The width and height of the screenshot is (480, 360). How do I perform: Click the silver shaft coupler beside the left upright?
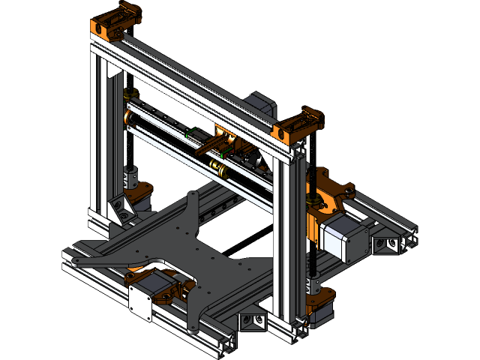tap(132, 180)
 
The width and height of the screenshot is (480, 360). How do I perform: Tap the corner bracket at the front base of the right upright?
tap(253, 321)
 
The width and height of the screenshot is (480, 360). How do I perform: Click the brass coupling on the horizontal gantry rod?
tap(217, 166)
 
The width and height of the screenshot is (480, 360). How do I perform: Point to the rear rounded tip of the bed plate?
tap(194, 196)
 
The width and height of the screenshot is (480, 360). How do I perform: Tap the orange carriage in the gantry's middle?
tap(223, 138)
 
